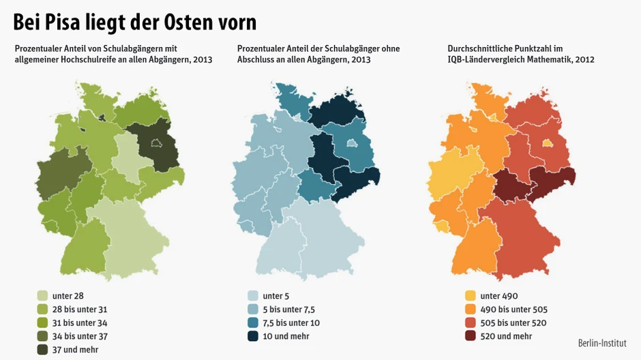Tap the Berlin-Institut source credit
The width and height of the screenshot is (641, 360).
[x=602, y=343]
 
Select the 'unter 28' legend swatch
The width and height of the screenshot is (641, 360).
[x=42, y=296]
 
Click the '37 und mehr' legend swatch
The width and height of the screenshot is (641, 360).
[x=42, y=350]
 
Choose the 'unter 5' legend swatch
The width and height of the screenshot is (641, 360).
[x=253, y=296]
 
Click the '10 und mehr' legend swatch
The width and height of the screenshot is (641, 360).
[x=253, y=336]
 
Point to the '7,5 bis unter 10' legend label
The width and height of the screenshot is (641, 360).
[x=291, y=322]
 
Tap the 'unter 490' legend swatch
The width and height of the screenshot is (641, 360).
[x=470, y=296]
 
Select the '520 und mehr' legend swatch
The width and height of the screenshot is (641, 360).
[x=470, y=336]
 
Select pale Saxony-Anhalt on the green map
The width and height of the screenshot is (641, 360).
[x=127, y=157]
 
